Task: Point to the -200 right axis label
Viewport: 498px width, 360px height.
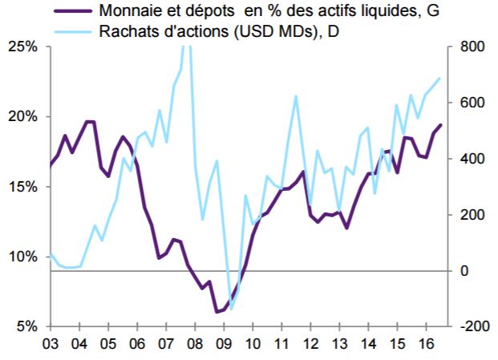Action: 471,326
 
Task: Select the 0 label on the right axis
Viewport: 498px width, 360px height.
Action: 464,271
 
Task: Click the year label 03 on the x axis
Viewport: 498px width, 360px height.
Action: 51,344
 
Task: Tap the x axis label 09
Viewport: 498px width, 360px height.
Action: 224,344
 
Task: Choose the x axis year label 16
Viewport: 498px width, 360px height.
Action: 426,344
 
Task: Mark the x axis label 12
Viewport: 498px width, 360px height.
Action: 310,344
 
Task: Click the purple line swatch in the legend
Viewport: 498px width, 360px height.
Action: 73,10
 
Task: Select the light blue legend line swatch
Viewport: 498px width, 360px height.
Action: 73,31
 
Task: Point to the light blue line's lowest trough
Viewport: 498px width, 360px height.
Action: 231,309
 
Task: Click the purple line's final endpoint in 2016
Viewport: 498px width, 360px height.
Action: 440,125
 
